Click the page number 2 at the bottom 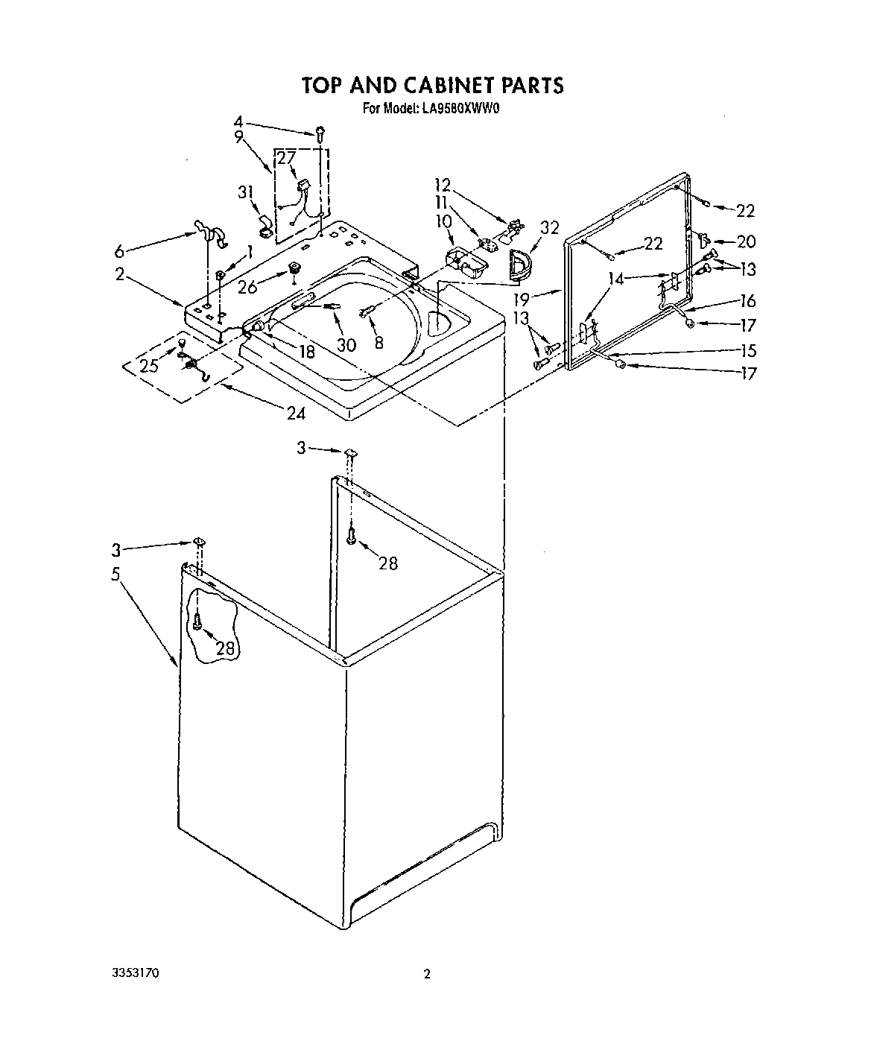[x=427, y=974]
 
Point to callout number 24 [x=296, y=411]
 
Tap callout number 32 [x=549, y=228]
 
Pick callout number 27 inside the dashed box [x=286, y=157]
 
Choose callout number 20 [x=746, y=241]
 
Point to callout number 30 [x=346, y=345]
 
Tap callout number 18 [x=305, y=351]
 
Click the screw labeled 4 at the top [x=321, y=134]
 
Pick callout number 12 [x=443, y=184]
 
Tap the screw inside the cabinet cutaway [x=197, y=621]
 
